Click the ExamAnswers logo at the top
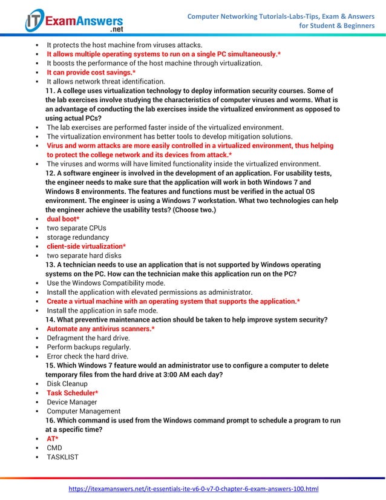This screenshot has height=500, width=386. click(73, 21)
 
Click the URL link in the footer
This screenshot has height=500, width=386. click(192, 488)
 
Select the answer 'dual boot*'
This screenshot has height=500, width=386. click(61, 219)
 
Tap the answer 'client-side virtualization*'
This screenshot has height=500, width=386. click(87, 246)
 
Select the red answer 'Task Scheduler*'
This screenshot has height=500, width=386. click(72, 393)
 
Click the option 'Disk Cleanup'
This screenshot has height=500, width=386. click(67, 384)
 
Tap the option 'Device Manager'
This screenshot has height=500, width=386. click(71, 402)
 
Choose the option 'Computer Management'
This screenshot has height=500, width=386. click(83, 411)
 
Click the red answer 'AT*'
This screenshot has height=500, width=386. click(53, 438)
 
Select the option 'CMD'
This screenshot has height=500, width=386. click(54, 447)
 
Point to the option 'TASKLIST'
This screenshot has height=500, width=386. click(62, 456)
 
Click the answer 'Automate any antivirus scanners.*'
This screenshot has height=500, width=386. click(101, 329)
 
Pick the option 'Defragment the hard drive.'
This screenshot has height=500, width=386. click(88, 338)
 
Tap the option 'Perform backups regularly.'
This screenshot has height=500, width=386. click(88, 347)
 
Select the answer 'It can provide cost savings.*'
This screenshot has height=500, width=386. click(91, 72)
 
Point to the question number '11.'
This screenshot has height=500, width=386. click(51, 91)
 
